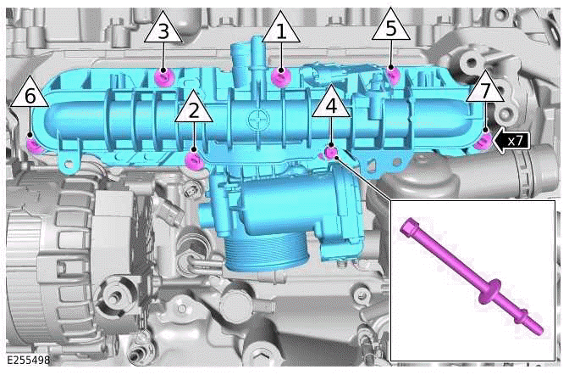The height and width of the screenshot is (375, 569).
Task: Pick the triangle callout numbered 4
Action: point(331,105)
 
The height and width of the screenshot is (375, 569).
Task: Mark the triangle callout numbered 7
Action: point(485,90)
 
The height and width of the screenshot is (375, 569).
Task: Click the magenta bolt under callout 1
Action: point(280,78)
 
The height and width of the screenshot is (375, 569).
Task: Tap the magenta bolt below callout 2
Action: point(195,159)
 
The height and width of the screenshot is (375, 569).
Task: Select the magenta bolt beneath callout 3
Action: point(165,78)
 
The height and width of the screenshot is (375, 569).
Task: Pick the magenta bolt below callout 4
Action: point(331,153)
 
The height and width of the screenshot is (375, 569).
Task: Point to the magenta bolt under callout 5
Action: point(392,76)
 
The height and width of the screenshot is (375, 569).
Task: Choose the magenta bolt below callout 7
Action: point(482,141)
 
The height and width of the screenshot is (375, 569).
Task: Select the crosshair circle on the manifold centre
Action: point(253,120)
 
